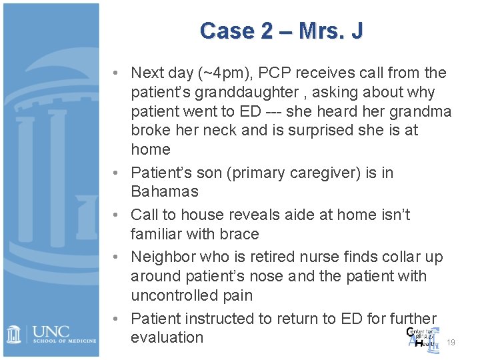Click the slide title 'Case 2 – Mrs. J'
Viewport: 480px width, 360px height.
pyautogui.click(x=281, y=31)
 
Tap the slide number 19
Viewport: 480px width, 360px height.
pyautogui.click(x=451, y=343)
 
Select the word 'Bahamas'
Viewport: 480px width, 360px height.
pyautogui.click(x=165, y=191)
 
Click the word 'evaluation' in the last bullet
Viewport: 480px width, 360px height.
pyautogui.click(x=167, y=337)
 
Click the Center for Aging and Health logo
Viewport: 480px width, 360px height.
pyautogui.click(x=422, y=337)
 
